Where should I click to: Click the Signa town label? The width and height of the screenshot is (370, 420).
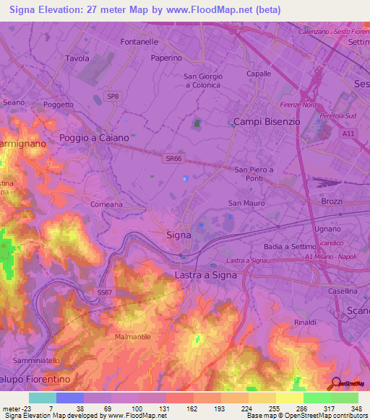click(178, 235)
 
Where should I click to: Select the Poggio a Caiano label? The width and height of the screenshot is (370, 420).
click(94, 138)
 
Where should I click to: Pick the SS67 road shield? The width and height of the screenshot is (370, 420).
click(104, 292)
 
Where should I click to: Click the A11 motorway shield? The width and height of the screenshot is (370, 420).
click(349, 134)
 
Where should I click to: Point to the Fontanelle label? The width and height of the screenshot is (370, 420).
click(139, 43)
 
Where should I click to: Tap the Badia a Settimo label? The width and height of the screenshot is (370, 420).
click(291, 247)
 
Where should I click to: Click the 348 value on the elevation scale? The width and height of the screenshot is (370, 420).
click(357, 408)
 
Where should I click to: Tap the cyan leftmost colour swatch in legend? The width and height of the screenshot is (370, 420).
click(43, 398)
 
